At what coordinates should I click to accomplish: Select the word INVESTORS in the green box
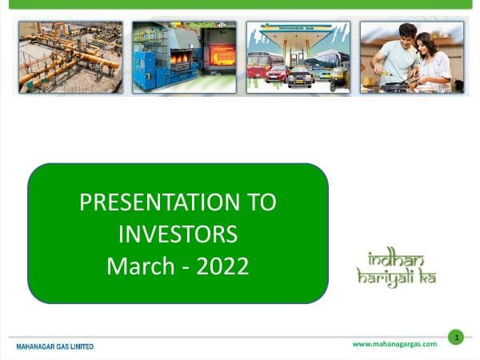click(178, 234)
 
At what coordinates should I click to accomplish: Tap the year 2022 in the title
click(220, 265)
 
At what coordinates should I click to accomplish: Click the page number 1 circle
click(455, 337)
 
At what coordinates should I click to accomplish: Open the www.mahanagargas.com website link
click(394, 344)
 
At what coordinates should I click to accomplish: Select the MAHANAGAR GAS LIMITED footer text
click(55, 346)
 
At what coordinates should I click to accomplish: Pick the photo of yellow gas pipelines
click(70, 57)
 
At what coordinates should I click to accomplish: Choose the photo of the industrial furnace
click(184, 57)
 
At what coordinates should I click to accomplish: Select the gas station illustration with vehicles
click(298, 57)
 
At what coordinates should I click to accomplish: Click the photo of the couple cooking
click(411, 57)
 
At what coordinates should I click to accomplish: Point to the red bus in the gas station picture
click(258, 65)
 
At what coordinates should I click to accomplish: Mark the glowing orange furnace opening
click(222, 55)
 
